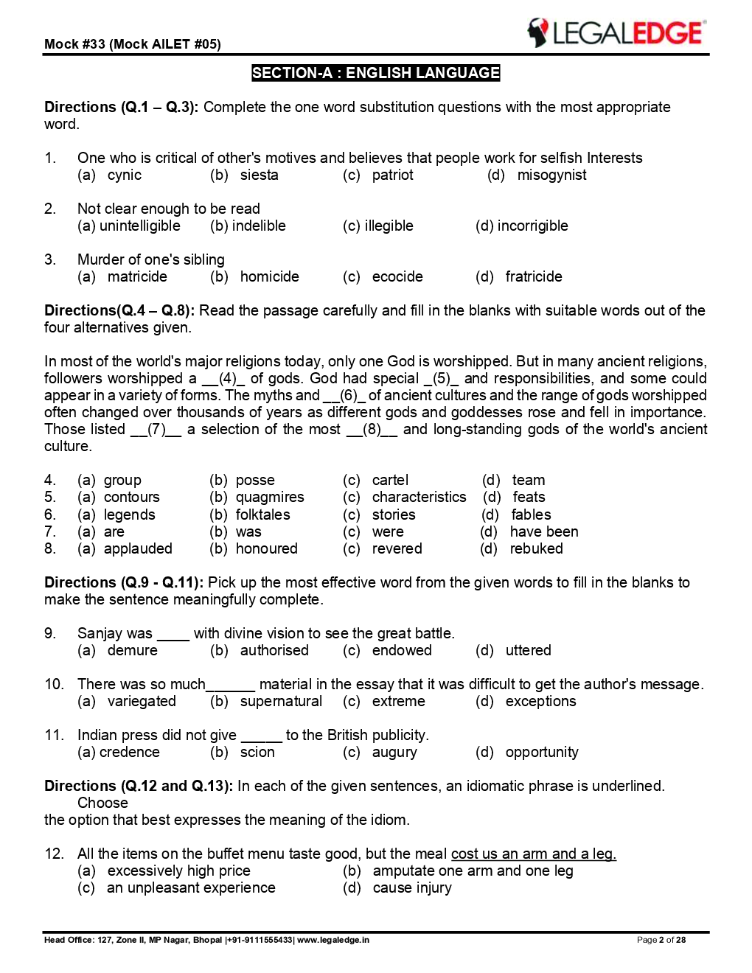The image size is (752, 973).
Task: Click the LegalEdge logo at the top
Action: tap(616, 33)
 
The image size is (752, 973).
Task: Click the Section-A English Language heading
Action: tap(375, 73)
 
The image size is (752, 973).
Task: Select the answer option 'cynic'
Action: tap(124, 175)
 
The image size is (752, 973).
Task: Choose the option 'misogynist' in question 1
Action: tap(551, 175)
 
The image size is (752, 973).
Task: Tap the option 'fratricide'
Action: tap(533, 277)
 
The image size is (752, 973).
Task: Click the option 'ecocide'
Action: tap(397, 277)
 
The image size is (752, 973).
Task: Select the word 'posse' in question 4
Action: tap(255, 481)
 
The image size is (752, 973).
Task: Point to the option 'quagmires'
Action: tap(270, 498)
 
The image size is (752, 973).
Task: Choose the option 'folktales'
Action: tap(262, 515)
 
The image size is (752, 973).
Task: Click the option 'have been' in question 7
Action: tap(543, 532)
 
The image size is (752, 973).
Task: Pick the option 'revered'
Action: tap(397, 549)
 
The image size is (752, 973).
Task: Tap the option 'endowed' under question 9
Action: tap(402, 651)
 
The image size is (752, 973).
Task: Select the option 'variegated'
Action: tap(142, 702)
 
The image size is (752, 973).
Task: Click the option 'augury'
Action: tap(394, 753)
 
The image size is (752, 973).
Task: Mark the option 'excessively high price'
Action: tap(178, 871)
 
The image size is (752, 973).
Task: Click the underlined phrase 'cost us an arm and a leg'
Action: tap(533, 854)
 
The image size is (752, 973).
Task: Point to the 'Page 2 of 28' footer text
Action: tap(661, 940)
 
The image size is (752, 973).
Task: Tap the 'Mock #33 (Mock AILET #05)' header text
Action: tap(133, 44)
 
